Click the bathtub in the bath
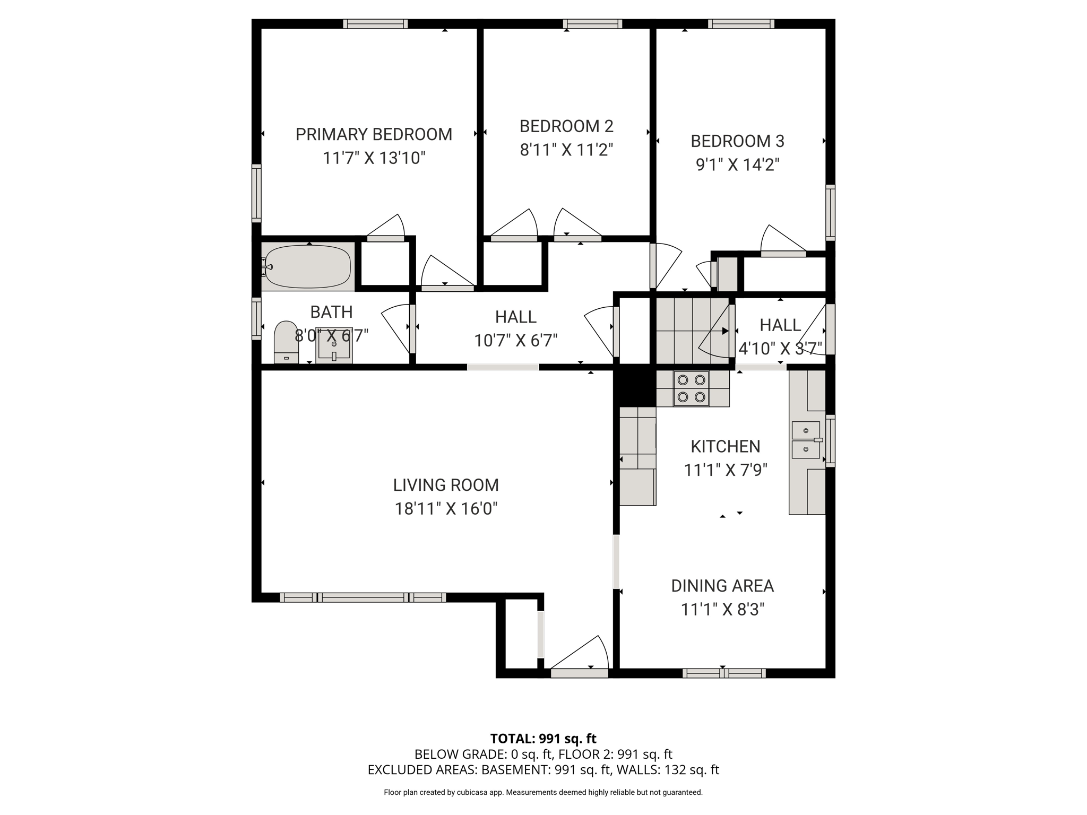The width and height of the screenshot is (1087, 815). pos(308,266)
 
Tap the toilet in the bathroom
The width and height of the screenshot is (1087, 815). pos(286,342)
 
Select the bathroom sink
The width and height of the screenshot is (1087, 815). pos(334,345)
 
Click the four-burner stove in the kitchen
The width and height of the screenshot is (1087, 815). pos(691,388)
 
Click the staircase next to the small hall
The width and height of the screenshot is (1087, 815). pos(693,330)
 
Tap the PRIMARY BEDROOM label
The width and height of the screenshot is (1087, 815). pos(374,135)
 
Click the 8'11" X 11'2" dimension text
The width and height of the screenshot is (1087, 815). pos(566,150)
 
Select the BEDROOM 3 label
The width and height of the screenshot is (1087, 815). pos(737,141)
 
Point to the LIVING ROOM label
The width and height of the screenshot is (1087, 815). pos(446,485)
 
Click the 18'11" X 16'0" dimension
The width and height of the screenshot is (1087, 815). pos(446,509)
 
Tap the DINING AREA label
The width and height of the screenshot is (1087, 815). pos(722,586)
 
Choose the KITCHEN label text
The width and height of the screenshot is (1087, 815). pos(726,446)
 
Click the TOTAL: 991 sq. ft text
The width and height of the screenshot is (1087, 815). pos(543,739)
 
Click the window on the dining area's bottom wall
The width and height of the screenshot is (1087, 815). pos(724,673)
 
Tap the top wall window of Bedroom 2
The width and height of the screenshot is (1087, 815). pos(592,24)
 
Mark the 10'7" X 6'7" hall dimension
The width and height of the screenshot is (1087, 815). pos(516,341)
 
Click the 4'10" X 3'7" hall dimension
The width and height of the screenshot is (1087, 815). pos(780,348)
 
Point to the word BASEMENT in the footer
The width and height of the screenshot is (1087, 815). pos(520,770)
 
